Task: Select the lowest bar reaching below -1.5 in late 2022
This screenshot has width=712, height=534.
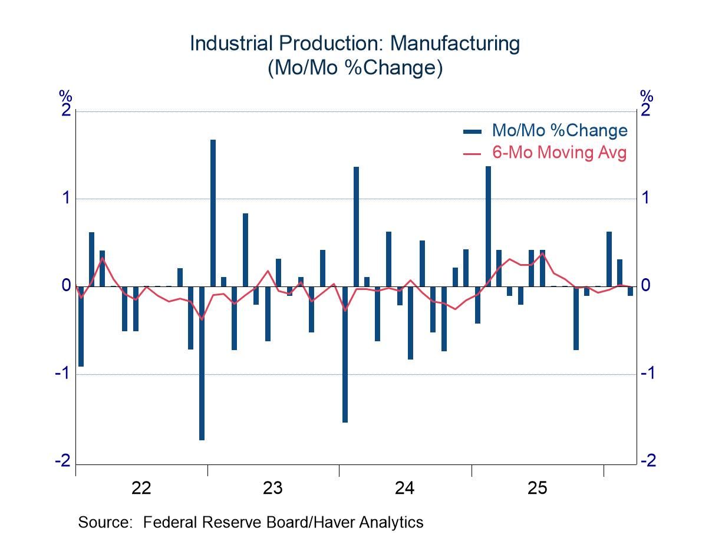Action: click(202, 362)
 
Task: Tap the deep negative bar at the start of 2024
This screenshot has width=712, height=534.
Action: click(345, 354)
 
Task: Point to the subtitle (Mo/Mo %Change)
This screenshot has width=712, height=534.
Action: click(355, 68)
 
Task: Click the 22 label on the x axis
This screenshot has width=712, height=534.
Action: click(141, 488)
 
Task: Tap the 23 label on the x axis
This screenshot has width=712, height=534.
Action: click(273, 488)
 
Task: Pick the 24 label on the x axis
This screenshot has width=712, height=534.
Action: click(405, 488)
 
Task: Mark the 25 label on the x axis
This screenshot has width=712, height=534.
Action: click(537, 488)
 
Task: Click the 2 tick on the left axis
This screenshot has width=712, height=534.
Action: click(66, 111)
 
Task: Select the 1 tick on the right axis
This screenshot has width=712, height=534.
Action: click(645, 198)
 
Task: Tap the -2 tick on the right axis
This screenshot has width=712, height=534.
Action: click(648, 461)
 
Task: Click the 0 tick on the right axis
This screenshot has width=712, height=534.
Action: click(645, 286)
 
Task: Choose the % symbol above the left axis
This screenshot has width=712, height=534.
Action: click(65, 96)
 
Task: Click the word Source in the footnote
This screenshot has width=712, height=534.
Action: click(103, 522)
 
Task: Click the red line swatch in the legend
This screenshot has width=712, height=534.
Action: click(473, 153)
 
